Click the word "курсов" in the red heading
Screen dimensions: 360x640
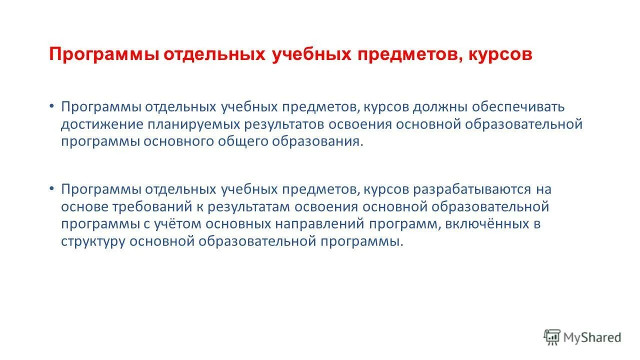pyautogui.click(x=500, y=54)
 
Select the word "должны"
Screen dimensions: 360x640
pyautogui.click(x=440, y=107)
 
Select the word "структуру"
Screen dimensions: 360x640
pyautogui.click(x=93, y=241)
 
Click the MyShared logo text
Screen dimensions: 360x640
pyautogui.click(x=592, y=337)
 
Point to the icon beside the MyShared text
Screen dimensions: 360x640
pyautogui.click(x=552, y=337)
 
